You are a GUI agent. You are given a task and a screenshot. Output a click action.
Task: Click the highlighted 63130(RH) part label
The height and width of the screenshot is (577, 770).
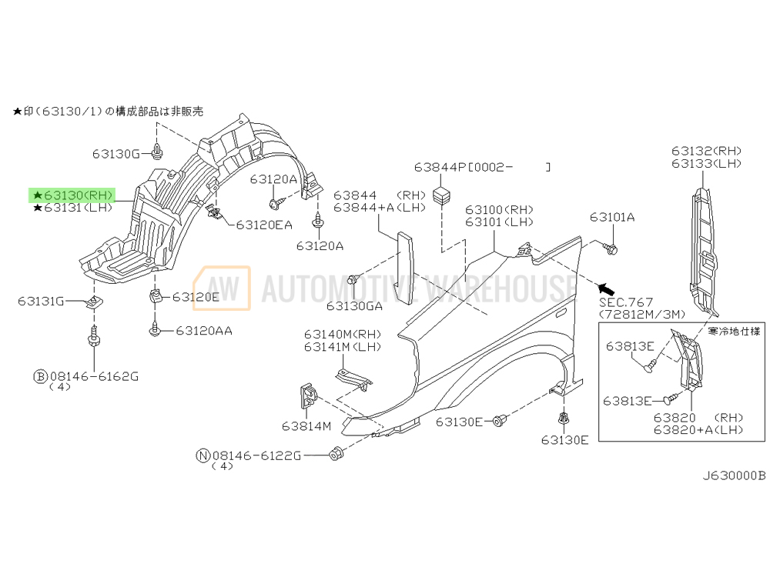(x=73, y=195)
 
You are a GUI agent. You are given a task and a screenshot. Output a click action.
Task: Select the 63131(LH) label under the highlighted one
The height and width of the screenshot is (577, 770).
(x=73, y=208)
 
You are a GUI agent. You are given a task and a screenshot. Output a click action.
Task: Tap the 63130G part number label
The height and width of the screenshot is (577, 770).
(x=115, y=154)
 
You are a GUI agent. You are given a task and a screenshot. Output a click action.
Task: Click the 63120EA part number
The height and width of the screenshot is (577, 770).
(x=264, y=225)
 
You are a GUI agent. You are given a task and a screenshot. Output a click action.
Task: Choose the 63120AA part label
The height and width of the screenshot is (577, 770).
(x=204, y=331)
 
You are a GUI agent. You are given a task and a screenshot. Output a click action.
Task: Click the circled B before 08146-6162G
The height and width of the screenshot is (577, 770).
(x=39, y=376)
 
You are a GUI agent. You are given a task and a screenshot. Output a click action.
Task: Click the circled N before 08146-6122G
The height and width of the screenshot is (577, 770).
(x=203, y=455)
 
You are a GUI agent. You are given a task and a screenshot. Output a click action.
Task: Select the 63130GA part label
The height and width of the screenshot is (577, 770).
(x=353, y=305)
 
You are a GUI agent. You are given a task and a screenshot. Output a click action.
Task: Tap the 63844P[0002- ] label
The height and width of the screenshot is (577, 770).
(x=482, y=166)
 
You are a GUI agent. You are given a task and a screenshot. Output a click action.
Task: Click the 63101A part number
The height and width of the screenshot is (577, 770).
(x=612, y=218)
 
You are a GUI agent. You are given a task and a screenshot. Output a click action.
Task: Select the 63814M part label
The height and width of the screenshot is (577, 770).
(x=306, y=425)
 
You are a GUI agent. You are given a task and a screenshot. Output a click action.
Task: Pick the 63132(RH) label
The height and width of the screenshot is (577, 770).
(x=705, y=151)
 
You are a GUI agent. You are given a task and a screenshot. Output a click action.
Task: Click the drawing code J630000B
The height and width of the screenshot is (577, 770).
(x=733, y=475)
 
